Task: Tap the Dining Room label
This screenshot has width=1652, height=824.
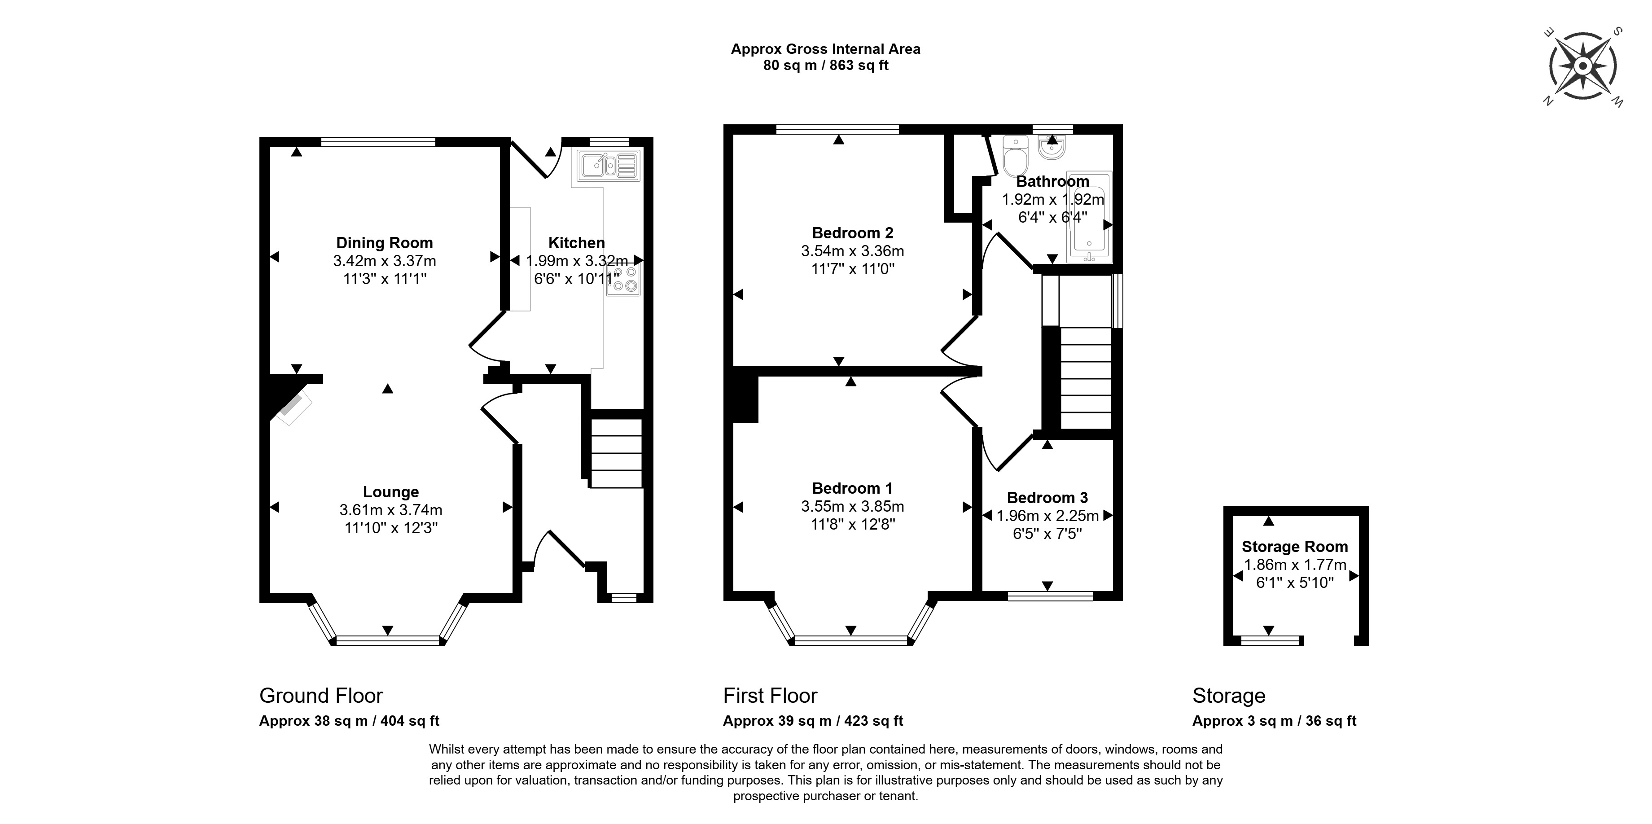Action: (x=385, y=243)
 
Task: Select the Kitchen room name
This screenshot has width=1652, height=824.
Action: (x=577, y=243)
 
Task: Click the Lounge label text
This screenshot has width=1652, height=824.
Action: (x=391, y=492)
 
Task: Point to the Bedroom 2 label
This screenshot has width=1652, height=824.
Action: (x=853, y=233)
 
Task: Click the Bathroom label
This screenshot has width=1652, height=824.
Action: (x=1053, y=181)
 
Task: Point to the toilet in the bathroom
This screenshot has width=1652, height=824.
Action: (x=1015, y=155)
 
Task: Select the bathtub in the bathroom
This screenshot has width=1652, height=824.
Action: (x=1089, y=217)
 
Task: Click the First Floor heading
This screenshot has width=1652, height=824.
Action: (x=770, y=696)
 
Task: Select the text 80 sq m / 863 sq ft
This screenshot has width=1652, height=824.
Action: (x=826, y=66)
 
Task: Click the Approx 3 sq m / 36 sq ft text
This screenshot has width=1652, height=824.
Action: (x=1274, y=721)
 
